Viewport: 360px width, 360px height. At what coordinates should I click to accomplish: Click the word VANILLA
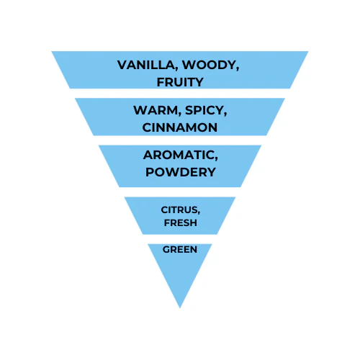click(x=148, y=66)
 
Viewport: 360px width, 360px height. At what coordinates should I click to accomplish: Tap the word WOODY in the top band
click(x=210, y=66)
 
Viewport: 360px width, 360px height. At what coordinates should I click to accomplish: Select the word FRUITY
click(x=180, y=82)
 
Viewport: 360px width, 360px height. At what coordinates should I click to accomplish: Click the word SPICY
click(x=206, y=111)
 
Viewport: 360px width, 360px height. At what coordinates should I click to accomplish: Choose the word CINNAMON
click(x=180, y=127)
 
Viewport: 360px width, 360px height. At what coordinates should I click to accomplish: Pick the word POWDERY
click(x=181, y=172)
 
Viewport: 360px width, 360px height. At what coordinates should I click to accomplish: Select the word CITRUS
click(x=180, y=210)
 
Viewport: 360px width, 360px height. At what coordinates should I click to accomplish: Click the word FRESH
click(x=181, y=223)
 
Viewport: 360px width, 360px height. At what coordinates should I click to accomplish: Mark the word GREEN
click(x=180, y=250)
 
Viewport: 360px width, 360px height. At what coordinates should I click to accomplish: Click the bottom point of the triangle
click(x=180, y=308)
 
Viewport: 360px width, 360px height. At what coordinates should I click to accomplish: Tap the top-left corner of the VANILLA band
click(x=52, y=51)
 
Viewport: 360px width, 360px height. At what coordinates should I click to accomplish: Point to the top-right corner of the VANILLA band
click(x=308, y=51)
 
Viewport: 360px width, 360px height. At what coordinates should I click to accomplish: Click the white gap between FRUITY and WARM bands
click(x=180, y=94)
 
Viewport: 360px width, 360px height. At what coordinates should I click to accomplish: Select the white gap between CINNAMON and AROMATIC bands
click(x=180, y=140)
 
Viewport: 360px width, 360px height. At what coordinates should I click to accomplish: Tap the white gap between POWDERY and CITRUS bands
click(x=180, y=192)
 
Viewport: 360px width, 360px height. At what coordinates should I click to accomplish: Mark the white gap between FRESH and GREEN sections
click(x=180, y=239)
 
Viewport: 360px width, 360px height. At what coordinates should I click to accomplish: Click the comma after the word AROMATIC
click(x=216, y=158)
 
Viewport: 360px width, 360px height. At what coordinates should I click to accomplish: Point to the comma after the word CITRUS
click(x=198, y=213)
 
